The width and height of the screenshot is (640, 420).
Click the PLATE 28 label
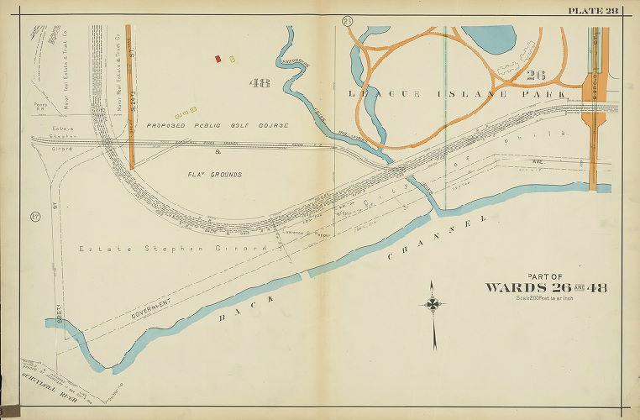(x=592, y=9)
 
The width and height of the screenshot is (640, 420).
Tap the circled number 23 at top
(x=346, y=20)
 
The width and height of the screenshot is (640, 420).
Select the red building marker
(x=218, y=59)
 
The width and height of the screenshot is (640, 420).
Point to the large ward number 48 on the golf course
(x=260, y=82)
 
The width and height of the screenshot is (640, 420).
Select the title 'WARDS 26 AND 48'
(x=545, y=288)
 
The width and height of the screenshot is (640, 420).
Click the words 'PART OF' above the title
(x=544, y=276)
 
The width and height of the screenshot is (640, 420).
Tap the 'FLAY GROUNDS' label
(x=215, y=175)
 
